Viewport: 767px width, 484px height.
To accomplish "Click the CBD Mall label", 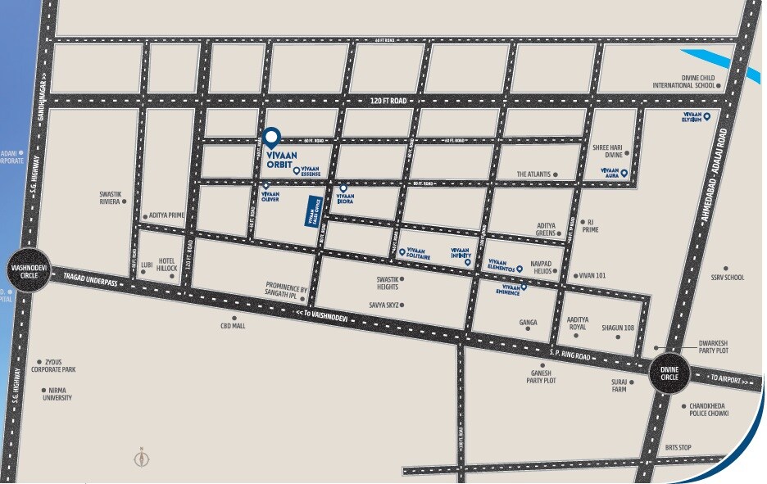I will click(x=233, y=325).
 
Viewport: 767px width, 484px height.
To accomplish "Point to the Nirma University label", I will click(x=57, y=394).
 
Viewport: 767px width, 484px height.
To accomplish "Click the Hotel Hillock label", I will click(x=167, y=264).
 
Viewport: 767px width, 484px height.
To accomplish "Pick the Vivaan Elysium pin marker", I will click(x=706, y=117).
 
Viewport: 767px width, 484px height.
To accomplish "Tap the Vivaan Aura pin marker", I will click(x=624, y=173).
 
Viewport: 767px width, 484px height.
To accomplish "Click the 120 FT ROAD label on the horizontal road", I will click(x=388, y=100).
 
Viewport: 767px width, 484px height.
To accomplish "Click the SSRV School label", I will click(x=728, y=278).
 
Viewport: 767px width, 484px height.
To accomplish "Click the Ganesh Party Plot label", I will click(x=542, y=377).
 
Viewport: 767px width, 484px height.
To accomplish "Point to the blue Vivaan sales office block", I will click(x=311, y=216).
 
